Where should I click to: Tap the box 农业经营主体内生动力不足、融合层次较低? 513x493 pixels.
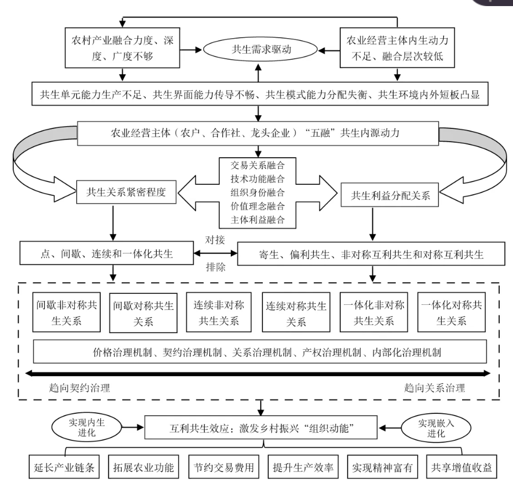(395, 48)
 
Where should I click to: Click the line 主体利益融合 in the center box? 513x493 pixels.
(257, 220)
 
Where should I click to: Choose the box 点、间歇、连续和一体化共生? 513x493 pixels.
(106, 255)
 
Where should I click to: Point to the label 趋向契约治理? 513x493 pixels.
(80, 387)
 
